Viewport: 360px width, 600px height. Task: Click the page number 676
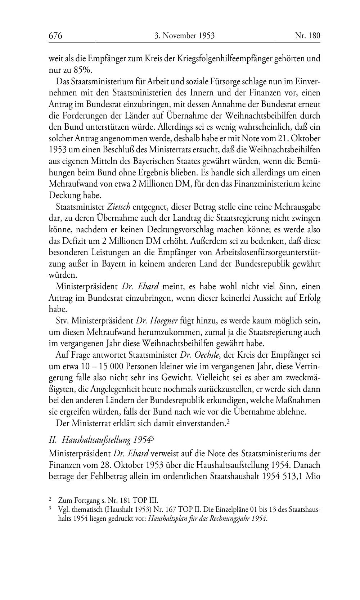55,36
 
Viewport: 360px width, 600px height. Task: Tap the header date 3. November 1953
184,36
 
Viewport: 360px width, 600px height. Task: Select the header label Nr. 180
307,36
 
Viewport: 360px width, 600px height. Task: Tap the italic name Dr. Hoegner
157,321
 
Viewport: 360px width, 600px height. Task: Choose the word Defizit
74,241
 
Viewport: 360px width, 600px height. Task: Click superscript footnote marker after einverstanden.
228,422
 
